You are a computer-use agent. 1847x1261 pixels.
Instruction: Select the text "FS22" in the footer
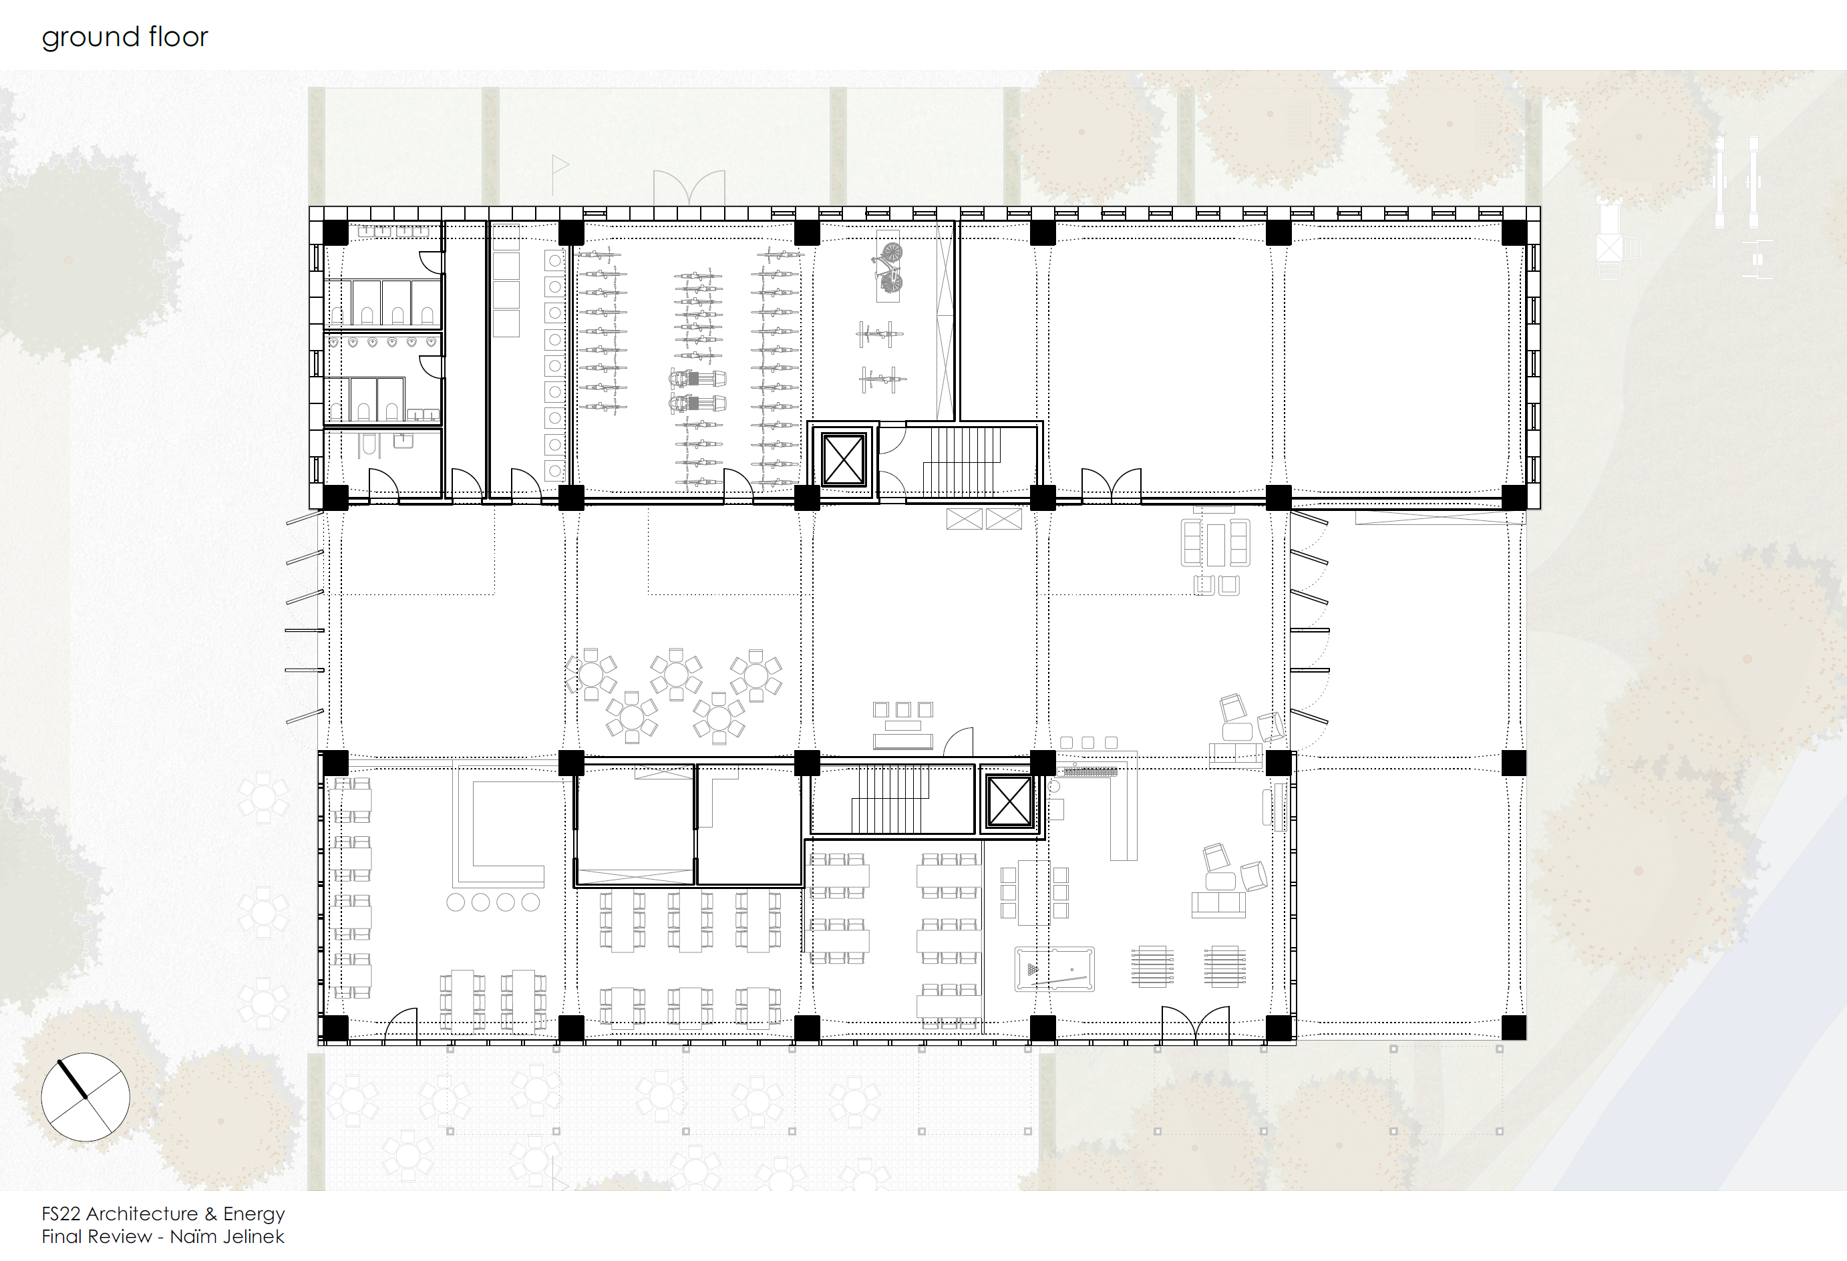[62, 1214]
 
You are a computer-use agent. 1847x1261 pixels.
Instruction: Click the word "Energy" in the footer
[254, 1215]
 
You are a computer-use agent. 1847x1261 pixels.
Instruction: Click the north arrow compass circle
[85, 1097]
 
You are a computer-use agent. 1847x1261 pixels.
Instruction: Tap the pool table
[1055, 969]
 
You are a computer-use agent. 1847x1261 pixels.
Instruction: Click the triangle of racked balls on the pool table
[1031, 969]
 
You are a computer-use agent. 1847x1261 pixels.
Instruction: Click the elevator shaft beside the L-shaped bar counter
[1009, 800]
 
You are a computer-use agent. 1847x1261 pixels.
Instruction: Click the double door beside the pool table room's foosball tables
[1195, 1023]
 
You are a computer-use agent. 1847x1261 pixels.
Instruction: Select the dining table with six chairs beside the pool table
[1034, 892]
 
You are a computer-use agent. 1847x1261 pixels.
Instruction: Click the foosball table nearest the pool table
[1152, 966]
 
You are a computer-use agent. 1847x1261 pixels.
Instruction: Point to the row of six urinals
[381, 342]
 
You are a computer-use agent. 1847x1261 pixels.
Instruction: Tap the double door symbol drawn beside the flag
[689, 188]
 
